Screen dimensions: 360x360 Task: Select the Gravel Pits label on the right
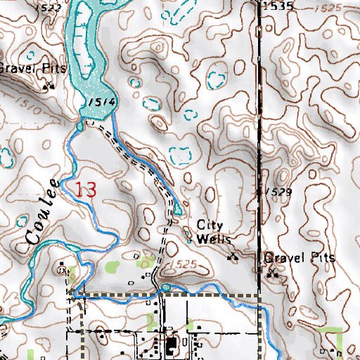point(300,258)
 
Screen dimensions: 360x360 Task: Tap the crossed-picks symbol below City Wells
point(233,257)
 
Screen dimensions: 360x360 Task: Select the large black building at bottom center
point(171,346)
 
